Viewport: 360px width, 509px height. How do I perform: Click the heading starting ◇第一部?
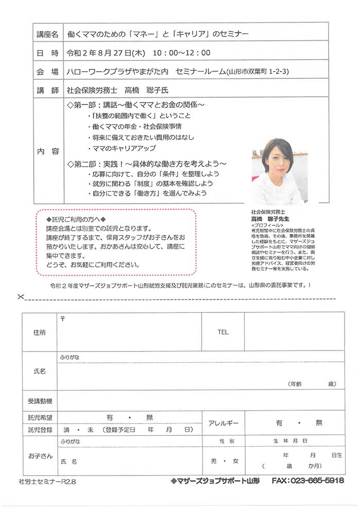click(136, 105)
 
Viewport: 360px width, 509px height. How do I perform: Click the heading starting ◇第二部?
click(147, 163)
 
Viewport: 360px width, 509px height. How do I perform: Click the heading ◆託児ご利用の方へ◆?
click(76, 219)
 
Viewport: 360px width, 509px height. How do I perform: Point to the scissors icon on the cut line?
click(21, 296)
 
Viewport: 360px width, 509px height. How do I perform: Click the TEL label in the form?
click(223, 332)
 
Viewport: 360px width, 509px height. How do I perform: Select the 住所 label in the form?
click(39, 332)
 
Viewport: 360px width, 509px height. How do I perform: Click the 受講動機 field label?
click(39, 401)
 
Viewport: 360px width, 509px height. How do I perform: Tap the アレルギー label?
click(223, 423)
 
